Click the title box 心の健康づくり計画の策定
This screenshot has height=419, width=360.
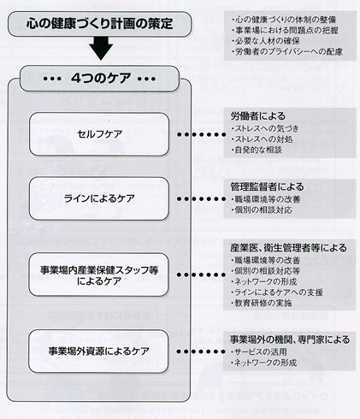(99, 24)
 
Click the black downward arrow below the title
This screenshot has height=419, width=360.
(101, 49)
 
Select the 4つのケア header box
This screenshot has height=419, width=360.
(99, 79)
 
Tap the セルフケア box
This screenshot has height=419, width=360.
(99, 134)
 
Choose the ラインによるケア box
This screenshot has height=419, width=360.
(99, 198)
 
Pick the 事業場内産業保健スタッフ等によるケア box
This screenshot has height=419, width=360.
(99, 274)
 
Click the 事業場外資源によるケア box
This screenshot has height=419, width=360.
(98, 351)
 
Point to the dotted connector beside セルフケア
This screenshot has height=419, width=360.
(202, 134)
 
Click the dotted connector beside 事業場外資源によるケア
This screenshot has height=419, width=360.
(201, 351)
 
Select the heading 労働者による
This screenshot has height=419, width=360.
(258, 116)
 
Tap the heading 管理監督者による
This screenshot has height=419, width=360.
(267, 186)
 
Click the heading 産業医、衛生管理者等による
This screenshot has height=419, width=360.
(288, 248)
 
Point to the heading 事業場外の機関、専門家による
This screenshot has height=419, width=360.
(290, 339)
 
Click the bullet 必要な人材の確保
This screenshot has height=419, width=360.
(266, 41)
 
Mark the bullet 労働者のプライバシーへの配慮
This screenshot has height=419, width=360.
(287, 51)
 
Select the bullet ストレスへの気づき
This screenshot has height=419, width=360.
(265, 128)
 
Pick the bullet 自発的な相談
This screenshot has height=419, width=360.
(257, 150)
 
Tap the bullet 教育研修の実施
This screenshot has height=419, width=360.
(262, 303)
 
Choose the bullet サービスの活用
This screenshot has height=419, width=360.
(259, 352)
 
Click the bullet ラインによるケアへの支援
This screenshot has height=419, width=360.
(277, 292)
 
